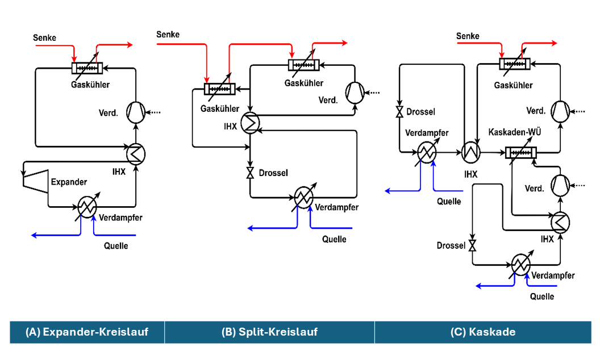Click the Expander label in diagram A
coord(69,182)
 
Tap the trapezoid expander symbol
coord(35,178)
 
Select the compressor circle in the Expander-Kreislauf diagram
coord(135,112)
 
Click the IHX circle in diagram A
coord(136,154)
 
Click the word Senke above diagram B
coord(168,35)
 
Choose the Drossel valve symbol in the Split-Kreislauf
coord(249,173)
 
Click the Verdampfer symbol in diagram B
coord(303,197)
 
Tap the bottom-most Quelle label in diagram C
coord(541,296)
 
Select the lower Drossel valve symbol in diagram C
coord(473,246)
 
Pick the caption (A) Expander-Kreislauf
coord(87,332)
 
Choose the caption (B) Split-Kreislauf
coord(269,332)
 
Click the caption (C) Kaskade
coord(482,332)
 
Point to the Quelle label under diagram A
coord(116,246)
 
